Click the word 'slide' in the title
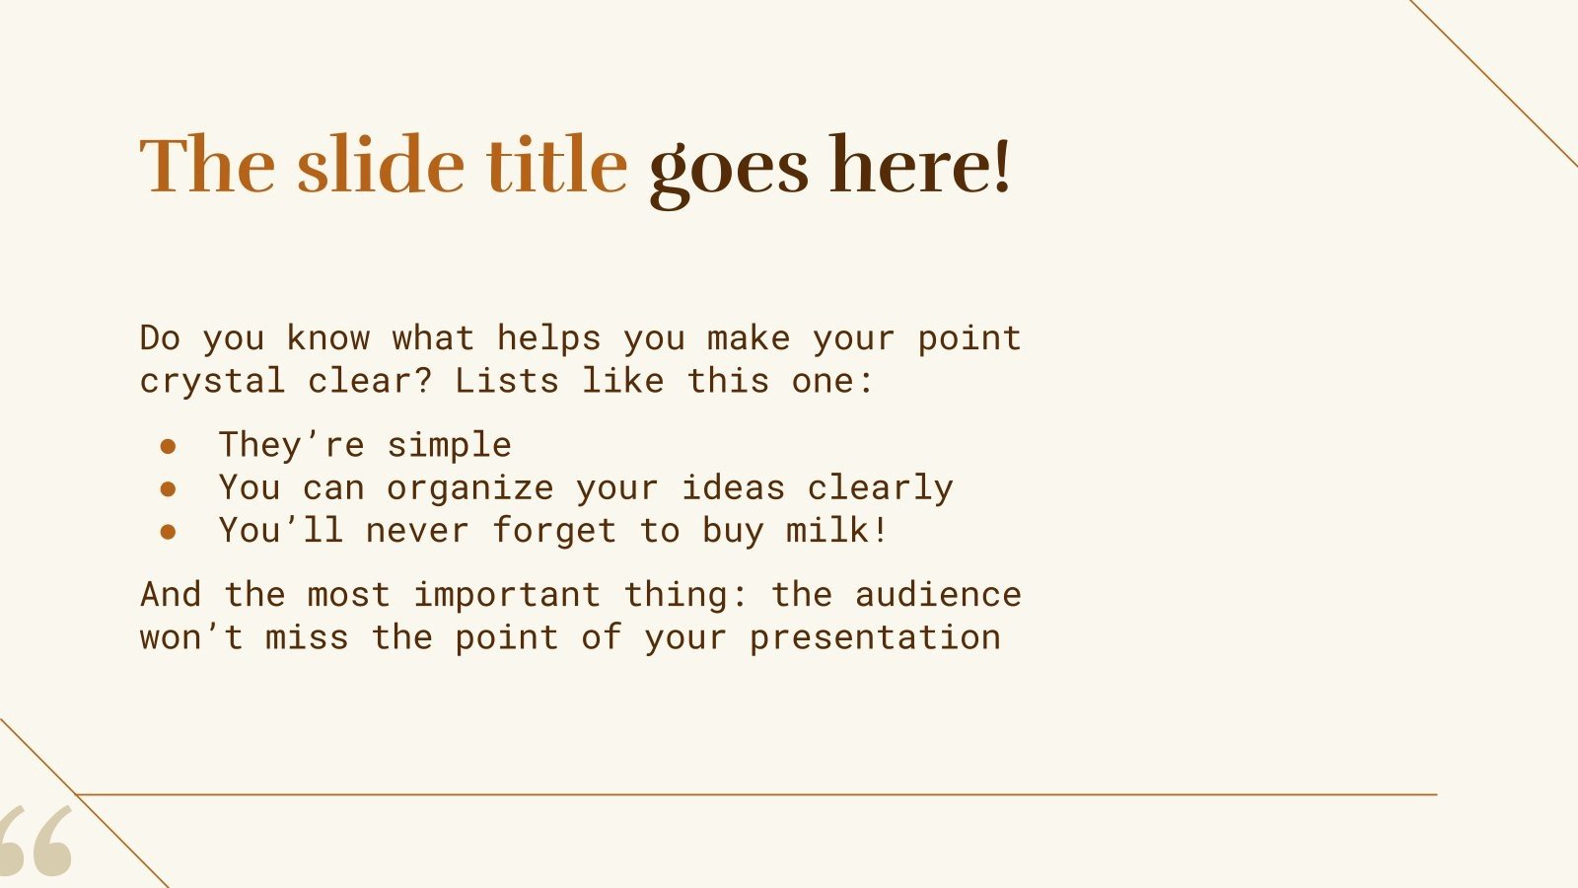tap(380, 165)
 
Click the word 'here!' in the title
tap(920, 165)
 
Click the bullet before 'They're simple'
tap(168, 447)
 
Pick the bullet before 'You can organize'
tap(168, 489)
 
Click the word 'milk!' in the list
tap(837, 531)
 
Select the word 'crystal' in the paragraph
tap(212, 382)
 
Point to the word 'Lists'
tap(506, 380)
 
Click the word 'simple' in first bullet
tap(449, 446)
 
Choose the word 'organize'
tap(469, 489)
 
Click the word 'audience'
tap(937, 594)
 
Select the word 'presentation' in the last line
tap(874, 638)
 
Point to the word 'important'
tap(506, 595)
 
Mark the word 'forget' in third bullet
tap(553, 532)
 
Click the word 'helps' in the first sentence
tap(548, 338)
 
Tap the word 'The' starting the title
tap(207, 165)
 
